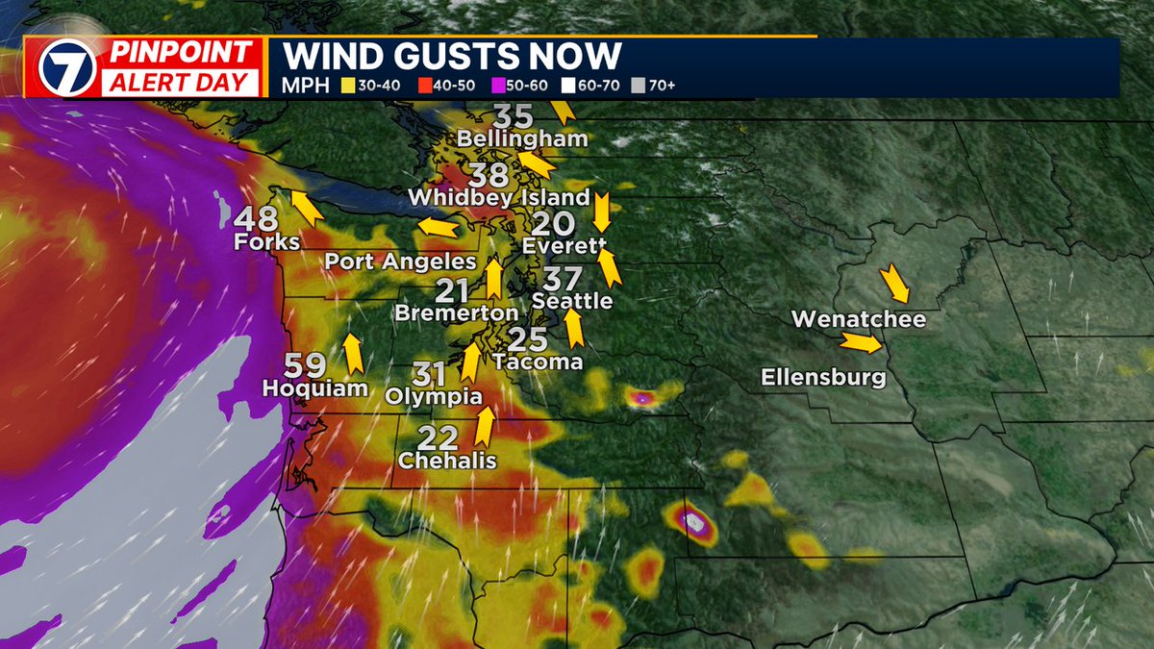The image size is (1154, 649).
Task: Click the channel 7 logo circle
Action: (68, 68)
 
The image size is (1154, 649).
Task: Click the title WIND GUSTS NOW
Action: (451, 56)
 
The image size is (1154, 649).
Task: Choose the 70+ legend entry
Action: (655, 86)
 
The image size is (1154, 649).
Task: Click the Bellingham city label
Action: (522, 139)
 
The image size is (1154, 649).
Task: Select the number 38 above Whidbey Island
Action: (489, 175)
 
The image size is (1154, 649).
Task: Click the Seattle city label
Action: (572, 301)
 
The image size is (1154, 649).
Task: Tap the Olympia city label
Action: (434, 396)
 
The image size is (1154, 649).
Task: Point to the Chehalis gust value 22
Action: (439, 438)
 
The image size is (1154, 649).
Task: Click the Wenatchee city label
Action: (859, 319)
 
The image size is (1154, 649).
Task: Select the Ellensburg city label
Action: (823, 378)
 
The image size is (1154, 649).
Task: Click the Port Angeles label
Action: (400, 262)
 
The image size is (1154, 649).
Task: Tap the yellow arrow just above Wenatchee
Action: (894, 282)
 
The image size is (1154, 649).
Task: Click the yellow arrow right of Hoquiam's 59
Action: (353, 353)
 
